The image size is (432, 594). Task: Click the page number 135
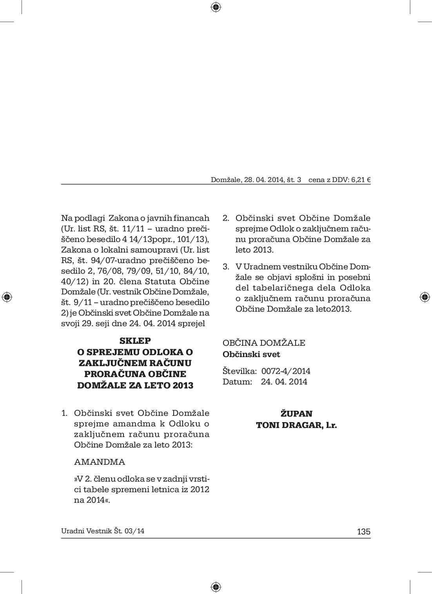click(x=363, y=531)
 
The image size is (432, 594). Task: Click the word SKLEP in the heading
click(x=135, y=341)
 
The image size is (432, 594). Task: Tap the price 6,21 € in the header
click(x=361, y=180)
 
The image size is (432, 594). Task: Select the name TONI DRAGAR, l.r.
click(x=296, y=425)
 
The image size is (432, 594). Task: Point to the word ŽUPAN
click(x=296, y=414)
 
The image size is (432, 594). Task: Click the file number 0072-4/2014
click(x=286, y=371)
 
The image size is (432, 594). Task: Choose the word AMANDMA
click(x=100, y=462)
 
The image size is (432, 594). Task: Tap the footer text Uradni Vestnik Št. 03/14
click(x=103, y=531)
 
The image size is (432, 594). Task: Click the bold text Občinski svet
click(x=251, y=354)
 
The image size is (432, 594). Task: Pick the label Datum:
click(x=237, y=381)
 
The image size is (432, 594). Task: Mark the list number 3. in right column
click(x=226, y=267)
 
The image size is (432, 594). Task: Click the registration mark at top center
click(x=216, y=7)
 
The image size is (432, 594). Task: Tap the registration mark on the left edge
click(x=7, y=297)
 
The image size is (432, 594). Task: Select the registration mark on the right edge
click(x=425, y=297)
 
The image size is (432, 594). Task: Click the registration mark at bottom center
click(x=216, y=587)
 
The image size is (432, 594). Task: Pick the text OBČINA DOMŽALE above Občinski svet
click(x=264, y=343)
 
